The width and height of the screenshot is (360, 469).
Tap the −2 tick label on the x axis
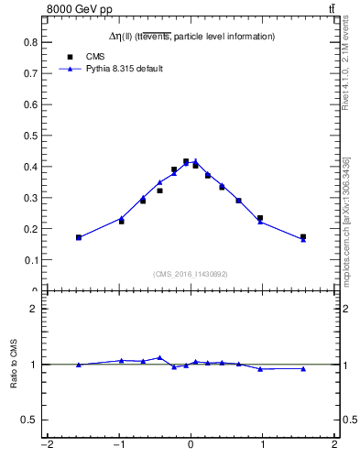(x=46, y=446)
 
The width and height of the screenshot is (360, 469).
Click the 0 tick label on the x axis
(x=191, y=446)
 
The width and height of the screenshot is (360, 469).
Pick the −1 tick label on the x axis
(x=118, y=446)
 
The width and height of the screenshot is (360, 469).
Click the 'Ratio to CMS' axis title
(x=14, y=364)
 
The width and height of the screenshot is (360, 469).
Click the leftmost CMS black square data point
(x=79, y=237)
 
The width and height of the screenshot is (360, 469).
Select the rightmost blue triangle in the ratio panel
(x=303, y=368)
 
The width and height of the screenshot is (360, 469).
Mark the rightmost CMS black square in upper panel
(x=303, y=237)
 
